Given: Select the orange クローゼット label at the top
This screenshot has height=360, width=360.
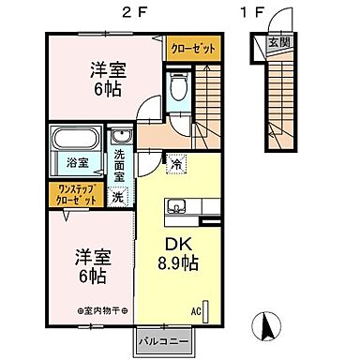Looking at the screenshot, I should click(x=191, y=47).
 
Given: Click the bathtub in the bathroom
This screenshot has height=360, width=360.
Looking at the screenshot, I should click(x=77, y=140).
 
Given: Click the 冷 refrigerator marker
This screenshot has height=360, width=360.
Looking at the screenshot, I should click(x=176, y=163).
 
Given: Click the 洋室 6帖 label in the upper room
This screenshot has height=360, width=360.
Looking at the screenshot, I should click(x=109, y=78).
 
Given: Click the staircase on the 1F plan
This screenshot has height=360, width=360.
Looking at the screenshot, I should click(x=279, y=94).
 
